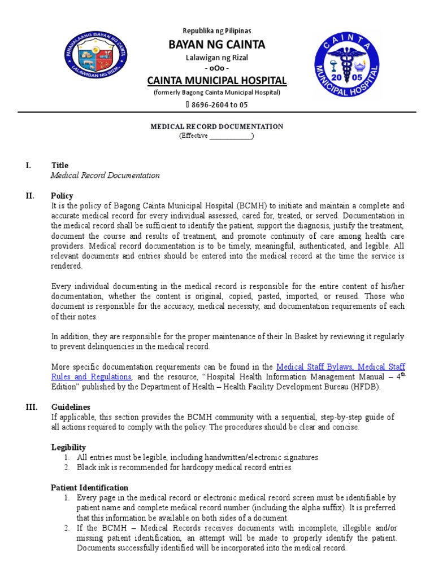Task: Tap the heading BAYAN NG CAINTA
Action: click(x=216, y=45)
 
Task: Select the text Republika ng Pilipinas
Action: click(x=216, y=30)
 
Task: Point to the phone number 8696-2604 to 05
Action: click(x=220, y=104)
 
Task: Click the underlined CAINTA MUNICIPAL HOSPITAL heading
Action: click(x=217, y=80)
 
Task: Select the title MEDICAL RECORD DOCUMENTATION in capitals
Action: click(x=216, y=126)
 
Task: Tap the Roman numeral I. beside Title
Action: click(x=28, y=165)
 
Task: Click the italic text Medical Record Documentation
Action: click(x=105, y=176)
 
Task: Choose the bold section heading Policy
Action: click(x=62, y=196)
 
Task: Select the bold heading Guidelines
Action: click(x=71, y=407)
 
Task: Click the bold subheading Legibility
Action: click(x=68, y=447)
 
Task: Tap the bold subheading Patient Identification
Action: click(x=89, y=488)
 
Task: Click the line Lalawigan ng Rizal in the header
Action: click(x=217, y=58)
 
